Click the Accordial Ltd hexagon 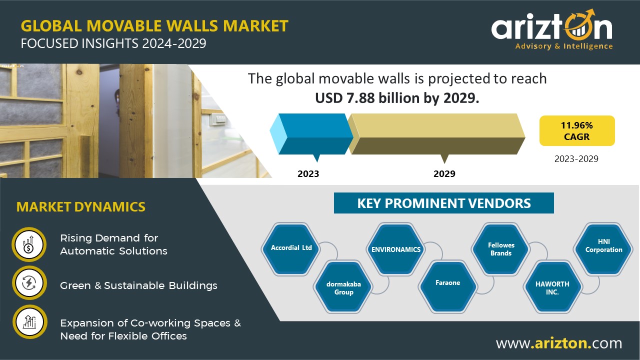pos(291,249)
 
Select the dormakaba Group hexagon pos(343,287)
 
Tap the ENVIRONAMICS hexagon pos(396,249)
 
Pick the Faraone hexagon pos(447,287)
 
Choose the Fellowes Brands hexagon pos(501,249)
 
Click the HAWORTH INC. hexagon pos(552,287)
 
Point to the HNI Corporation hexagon pos(603,249)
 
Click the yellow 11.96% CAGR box pos(577,131)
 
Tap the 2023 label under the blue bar pos(308,173)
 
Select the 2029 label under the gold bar pos(444,173)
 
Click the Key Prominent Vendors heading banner pos(443,203)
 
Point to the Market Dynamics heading pos(81,207)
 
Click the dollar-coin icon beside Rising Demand pos(29,244)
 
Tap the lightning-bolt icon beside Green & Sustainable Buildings pos(29,283)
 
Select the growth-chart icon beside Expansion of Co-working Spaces pos(29,321)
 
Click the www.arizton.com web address pos(559,343)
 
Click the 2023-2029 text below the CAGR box pos(576,159)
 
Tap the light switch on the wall pos(219,119)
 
